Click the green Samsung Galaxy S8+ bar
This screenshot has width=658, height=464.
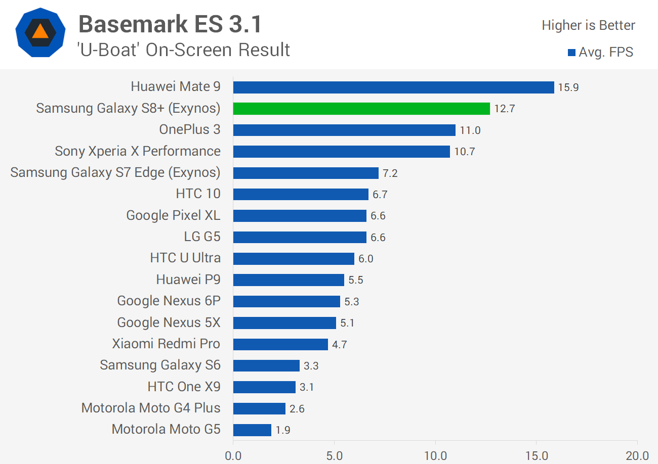pyautogui.click(x=361, y=109)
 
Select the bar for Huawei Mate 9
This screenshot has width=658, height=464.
pyautogui.click(x=393, y=87)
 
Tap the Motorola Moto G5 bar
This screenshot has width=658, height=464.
pyautogui.click(x=252, y=430)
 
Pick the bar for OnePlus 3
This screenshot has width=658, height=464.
pyautogui.click(x=344, y=130)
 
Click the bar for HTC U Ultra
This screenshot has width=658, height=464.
pyautogui.click(x=294, y=259)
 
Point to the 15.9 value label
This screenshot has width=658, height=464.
pyautogui.click(x=568, y=87)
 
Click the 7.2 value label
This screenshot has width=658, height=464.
pyautogui.click(x=390, y=173)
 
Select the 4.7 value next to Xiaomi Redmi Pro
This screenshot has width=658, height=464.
pyautogui.click(x=340, y=345)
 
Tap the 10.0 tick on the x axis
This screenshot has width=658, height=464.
pyautogui.click(x=435, y=456)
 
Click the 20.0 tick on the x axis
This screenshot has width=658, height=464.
pyautogui.click(x=637, y=456)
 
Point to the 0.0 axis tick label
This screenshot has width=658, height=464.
pyautogui.click(x=233, y=456)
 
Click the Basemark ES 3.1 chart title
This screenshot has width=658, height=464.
pyautogui.click(x=170, y=24)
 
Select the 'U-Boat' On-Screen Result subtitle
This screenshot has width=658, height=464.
pyautogui.click(x=184, y=50)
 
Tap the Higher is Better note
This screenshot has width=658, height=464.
pyautogui.click(x=588, y=25)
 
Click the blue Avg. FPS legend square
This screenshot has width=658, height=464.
pyautogui.click(x=571, y=52)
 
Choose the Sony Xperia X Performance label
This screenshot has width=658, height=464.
pyautogui.click(x=138, y=151)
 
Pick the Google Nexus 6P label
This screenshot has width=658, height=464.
pyautogui.click(x=169, y=301)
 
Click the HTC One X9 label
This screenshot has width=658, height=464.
pyautogui.click(x=184, y=387)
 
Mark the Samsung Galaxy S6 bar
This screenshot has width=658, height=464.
pyautogui.click(x=266, y=366)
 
